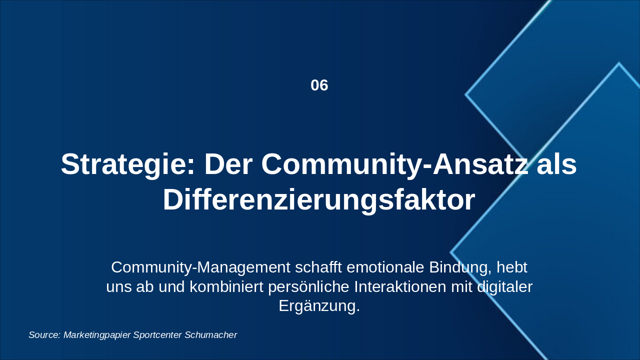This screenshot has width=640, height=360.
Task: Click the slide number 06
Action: coord(319,85)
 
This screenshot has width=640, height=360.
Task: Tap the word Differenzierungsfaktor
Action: coord(319,200)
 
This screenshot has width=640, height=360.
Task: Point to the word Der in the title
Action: coord(228,165)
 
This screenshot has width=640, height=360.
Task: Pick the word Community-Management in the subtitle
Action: coord(200,267)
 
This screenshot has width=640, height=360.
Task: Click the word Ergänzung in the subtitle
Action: coord(319,306)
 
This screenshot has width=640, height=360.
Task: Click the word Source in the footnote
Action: coord(44,335)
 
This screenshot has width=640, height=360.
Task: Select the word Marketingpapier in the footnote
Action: coord(97,335)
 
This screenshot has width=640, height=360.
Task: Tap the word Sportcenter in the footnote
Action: coord(157,335)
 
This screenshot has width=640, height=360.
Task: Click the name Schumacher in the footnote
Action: coord(210,335)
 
